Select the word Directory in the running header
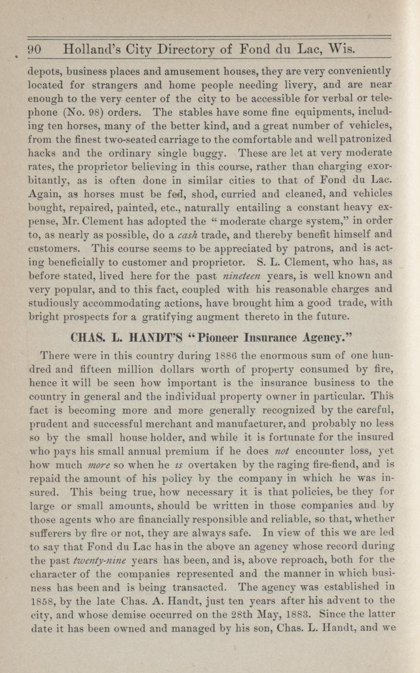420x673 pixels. tap(189, 50)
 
